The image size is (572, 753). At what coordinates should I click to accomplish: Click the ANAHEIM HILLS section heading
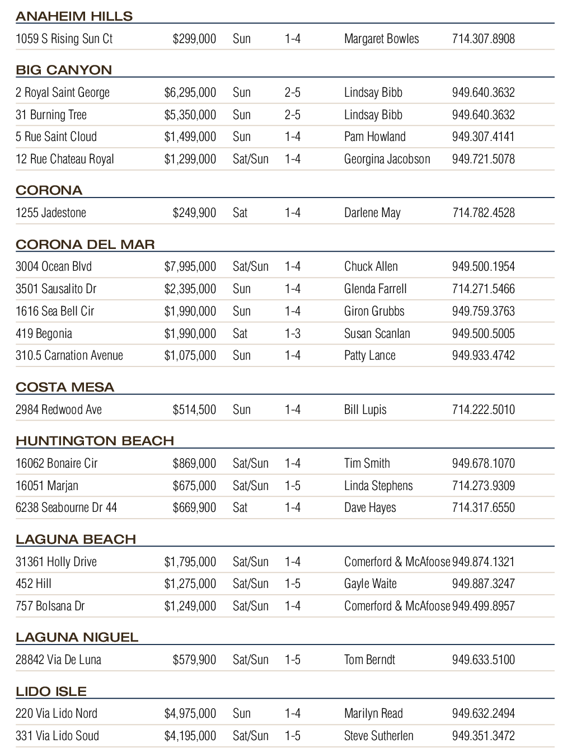pos(74,16)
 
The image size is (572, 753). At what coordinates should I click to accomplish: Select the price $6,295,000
pos(190,93)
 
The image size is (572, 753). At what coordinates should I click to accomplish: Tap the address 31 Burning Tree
pos(51,115)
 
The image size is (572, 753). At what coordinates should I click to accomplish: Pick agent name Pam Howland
pos(374,137)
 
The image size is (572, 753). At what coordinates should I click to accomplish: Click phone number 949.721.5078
pos(483,159)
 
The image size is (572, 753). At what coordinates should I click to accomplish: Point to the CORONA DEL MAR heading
pos(85,244)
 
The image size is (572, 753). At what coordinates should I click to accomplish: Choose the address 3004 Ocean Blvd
pos(54,267)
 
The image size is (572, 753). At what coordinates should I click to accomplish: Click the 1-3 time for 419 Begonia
pos(292,334)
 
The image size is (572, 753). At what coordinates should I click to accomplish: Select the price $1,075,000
pos(190,356)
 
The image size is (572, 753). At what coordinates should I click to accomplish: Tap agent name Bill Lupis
pos(365,410)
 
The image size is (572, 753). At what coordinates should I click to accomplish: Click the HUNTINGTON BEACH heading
pos(95,441)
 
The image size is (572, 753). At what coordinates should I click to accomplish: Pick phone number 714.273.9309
pos(483,486)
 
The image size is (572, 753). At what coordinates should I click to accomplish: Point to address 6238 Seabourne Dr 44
pos(66,508)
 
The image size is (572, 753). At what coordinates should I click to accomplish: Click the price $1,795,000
pos(190,562)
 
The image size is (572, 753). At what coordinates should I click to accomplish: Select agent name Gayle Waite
pos(370,584)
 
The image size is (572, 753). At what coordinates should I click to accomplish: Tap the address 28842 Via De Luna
pos(58,660)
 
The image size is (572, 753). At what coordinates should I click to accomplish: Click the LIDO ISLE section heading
pos(51,691)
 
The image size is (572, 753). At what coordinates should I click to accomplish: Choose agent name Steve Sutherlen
pos(378,736)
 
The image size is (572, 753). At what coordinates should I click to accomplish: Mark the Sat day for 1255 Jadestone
pos(240,213)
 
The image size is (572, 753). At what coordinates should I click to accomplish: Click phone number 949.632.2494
pos(483,714)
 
